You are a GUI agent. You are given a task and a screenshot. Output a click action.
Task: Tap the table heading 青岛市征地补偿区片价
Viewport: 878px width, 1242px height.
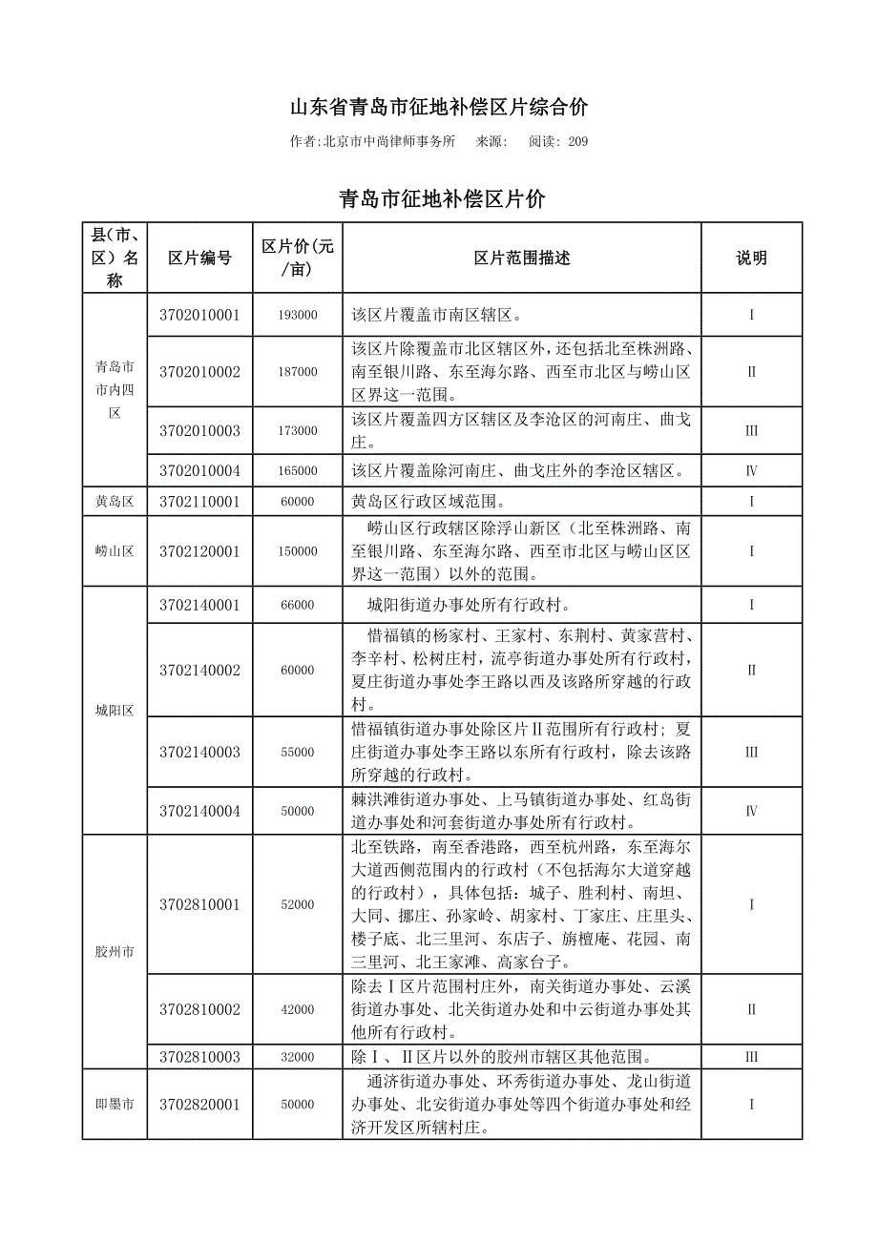point(442,199)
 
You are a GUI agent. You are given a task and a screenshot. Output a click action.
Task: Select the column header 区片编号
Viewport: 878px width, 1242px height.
point(199,258)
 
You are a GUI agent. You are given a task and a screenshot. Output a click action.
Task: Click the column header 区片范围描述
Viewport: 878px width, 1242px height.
point(521,258)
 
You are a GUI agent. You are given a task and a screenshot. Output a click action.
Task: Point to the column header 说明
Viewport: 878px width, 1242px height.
point(751,258)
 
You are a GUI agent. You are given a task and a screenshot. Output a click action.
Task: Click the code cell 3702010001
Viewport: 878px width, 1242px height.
point(199,315)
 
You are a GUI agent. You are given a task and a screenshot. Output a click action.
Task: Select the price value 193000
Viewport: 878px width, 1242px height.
point(298,315)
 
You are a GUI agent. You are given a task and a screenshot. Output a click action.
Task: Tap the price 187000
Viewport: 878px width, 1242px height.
point(298,372)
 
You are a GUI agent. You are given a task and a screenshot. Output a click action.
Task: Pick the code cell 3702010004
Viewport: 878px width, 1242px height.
point(199,470)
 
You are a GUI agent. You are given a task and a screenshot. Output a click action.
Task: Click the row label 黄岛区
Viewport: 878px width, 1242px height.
point(115,502)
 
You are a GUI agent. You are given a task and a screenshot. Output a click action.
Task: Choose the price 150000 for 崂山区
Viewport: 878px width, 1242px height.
point(298,551)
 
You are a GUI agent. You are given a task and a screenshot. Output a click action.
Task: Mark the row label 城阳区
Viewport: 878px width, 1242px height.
point(115,711)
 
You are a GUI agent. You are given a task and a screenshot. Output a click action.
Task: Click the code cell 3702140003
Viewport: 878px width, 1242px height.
point(199,753)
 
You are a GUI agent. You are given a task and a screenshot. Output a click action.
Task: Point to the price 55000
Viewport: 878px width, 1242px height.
point(298,753)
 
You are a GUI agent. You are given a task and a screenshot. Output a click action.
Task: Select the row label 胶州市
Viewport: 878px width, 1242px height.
point(115,952)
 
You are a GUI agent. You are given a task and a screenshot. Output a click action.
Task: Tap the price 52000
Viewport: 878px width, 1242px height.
point(298,904)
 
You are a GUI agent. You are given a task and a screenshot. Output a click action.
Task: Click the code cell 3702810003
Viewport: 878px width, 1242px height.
point(199,1057)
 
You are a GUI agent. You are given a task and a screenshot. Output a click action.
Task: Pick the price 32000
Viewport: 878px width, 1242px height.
point(298,1057)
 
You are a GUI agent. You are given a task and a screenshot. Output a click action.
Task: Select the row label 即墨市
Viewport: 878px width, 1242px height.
point(115,1105)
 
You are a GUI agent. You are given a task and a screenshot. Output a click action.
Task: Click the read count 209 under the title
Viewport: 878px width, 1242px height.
point(577,142)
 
